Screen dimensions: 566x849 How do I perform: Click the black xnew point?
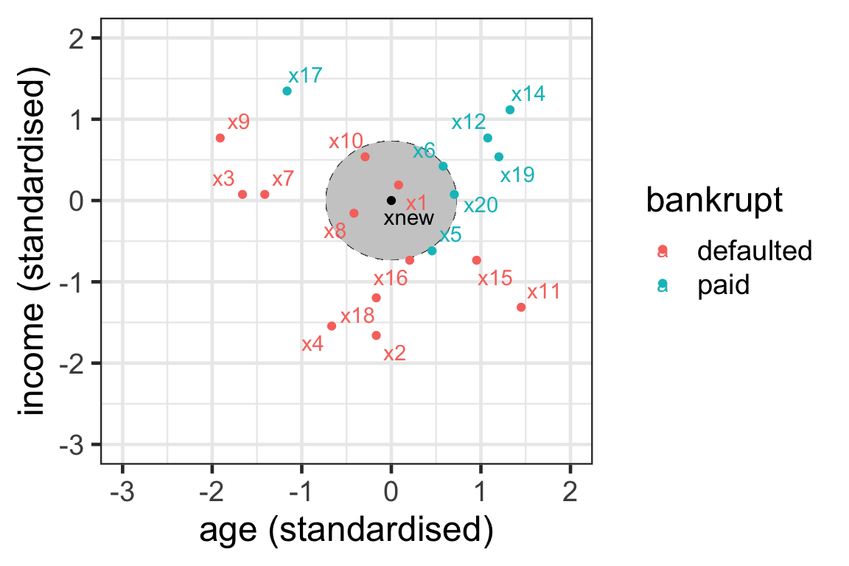391,200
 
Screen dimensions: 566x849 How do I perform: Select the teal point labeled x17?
287,91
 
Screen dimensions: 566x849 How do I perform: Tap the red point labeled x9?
220,138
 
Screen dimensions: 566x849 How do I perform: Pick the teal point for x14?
510,110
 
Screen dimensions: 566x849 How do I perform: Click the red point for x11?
521,307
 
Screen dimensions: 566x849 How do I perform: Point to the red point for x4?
332,326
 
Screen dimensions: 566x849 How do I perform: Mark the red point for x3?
242,195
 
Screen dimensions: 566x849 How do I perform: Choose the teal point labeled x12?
487,138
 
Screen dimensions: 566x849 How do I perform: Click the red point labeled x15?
476,260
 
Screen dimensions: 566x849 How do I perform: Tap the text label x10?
346,141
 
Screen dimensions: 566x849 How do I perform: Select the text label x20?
481,206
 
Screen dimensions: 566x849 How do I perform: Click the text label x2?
395,354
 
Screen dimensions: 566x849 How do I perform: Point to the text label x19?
517,175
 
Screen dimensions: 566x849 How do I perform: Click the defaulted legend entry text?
755,251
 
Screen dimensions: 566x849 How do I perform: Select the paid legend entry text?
723,286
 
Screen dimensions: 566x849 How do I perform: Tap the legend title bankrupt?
714,201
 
